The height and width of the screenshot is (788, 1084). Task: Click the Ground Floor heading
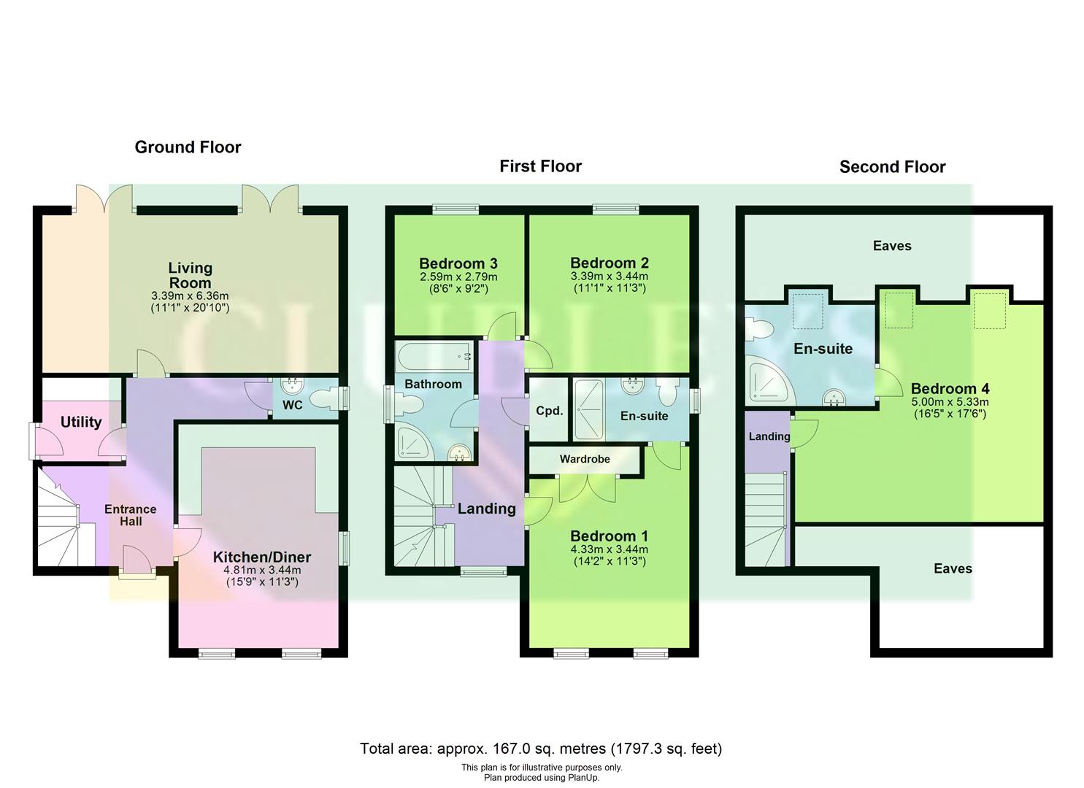(x=188, y=147)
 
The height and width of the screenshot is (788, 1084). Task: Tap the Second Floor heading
(x=892, y=167)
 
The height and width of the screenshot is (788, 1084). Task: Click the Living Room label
(x=190, y=275)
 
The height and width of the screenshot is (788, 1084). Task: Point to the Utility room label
(x=81, y=422)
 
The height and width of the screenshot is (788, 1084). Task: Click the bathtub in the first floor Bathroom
(x=434, y=357)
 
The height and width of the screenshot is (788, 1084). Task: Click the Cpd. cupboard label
(x=549, y=411)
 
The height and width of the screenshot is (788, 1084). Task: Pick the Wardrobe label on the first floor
(x=584, y=459)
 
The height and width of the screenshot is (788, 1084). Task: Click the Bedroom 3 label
(x=458, y=263)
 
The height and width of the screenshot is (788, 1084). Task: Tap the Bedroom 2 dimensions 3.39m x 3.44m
(x=609, y=277)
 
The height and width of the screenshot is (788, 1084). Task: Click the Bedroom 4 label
(x=950, y=389)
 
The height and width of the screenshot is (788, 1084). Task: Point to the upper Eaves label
(x=892, y=246)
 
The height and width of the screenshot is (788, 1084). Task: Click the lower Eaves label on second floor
(x=953, y=568)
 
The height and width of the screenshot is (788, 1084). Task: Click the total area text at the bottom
(x=541, y=749)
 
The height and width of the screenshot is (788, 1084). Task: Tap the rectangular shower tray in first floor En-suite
(x=588, y=409)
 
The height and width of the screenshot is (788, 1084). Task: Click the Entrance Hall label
(x=130, y=515)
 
